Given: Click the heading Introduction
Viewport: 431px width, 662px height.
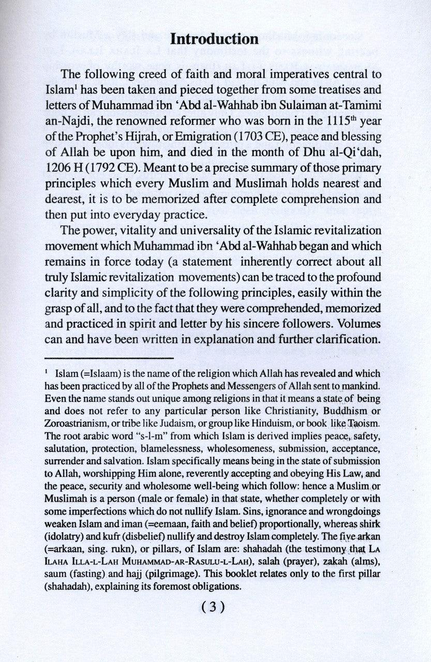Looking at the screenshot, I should [214, 40].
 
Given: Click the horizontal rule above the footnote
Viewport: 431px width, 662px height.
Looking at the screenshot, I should [109, 357].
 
